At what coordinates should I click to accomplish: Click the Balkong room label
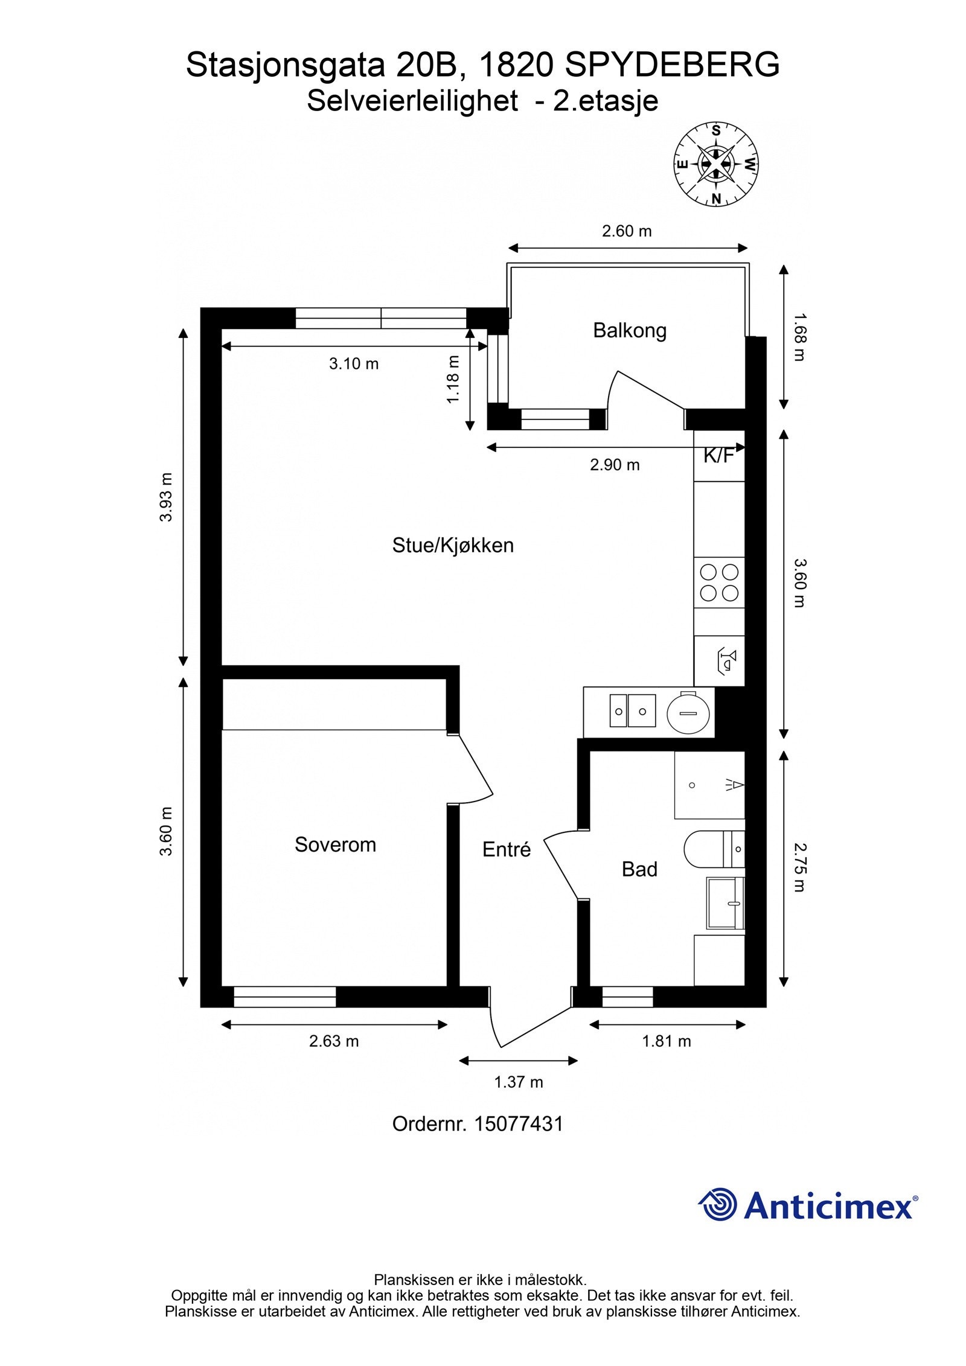click(x=630, y=331)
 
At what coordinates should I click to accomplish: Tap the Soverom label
click(x=335, y=844)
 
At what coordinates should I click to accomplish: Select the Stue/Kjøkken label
click(x=453, y=545)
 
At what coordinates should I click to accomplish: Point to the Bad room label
click(x=639, y=869)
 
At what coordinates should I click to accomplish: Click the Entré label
click(x=507, y=849)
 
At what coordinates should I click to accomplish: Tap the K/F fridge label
click(x=718, y=456)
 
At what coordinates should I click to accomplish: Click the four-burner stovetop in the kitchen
click(x=719, y=582)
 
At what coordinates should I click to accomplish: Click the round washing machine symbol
click(x=688, y=713)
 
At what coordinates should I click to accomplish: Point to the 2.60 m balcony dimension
click(x=627, y=231)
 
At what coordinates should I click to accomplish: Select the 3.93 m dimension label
click(x=166, y=497)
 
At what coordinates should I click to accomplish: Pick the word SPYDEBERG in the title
click(x=672, y=65)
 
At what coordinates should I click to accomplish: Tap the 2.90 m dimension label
click(x=615, y=465)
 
